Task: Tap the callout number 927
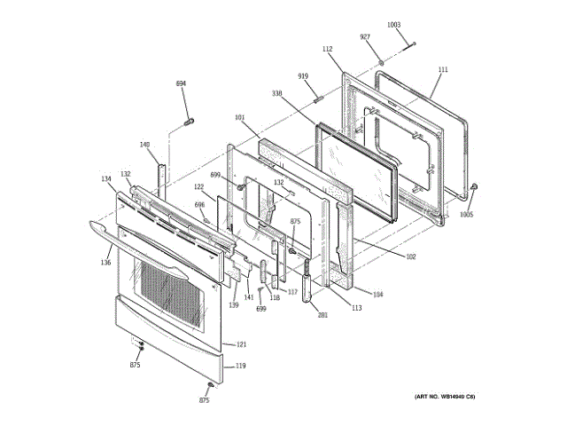click(x=364, y=36)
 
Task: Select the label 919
click(x=303, y=77)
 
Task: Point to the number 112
click(x=327, y=50)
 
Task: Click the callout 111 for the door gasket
click(x=443, y=69)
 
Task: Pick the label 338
click(x=276, y=93)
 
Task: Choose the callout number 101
click(x=239, y=117)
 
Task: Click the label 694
click(x=181, y=83)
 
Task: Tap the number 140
click(x=145, y=145)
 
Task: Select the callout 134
click(x=106, y=179)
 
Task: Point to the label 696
click(x=200, y=204)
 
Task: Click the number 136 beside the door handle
click(x=105, y=262)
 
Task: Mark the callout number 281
click(x=322, y=315)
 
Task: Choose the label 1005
click(x=466, y=214)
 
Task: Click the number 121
click(x=241, y=344)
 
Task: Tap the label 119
click(x=241, y=366)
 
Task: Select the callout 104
click(x=378, y=294)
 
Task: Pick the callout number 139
click(x=234, y=305)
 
